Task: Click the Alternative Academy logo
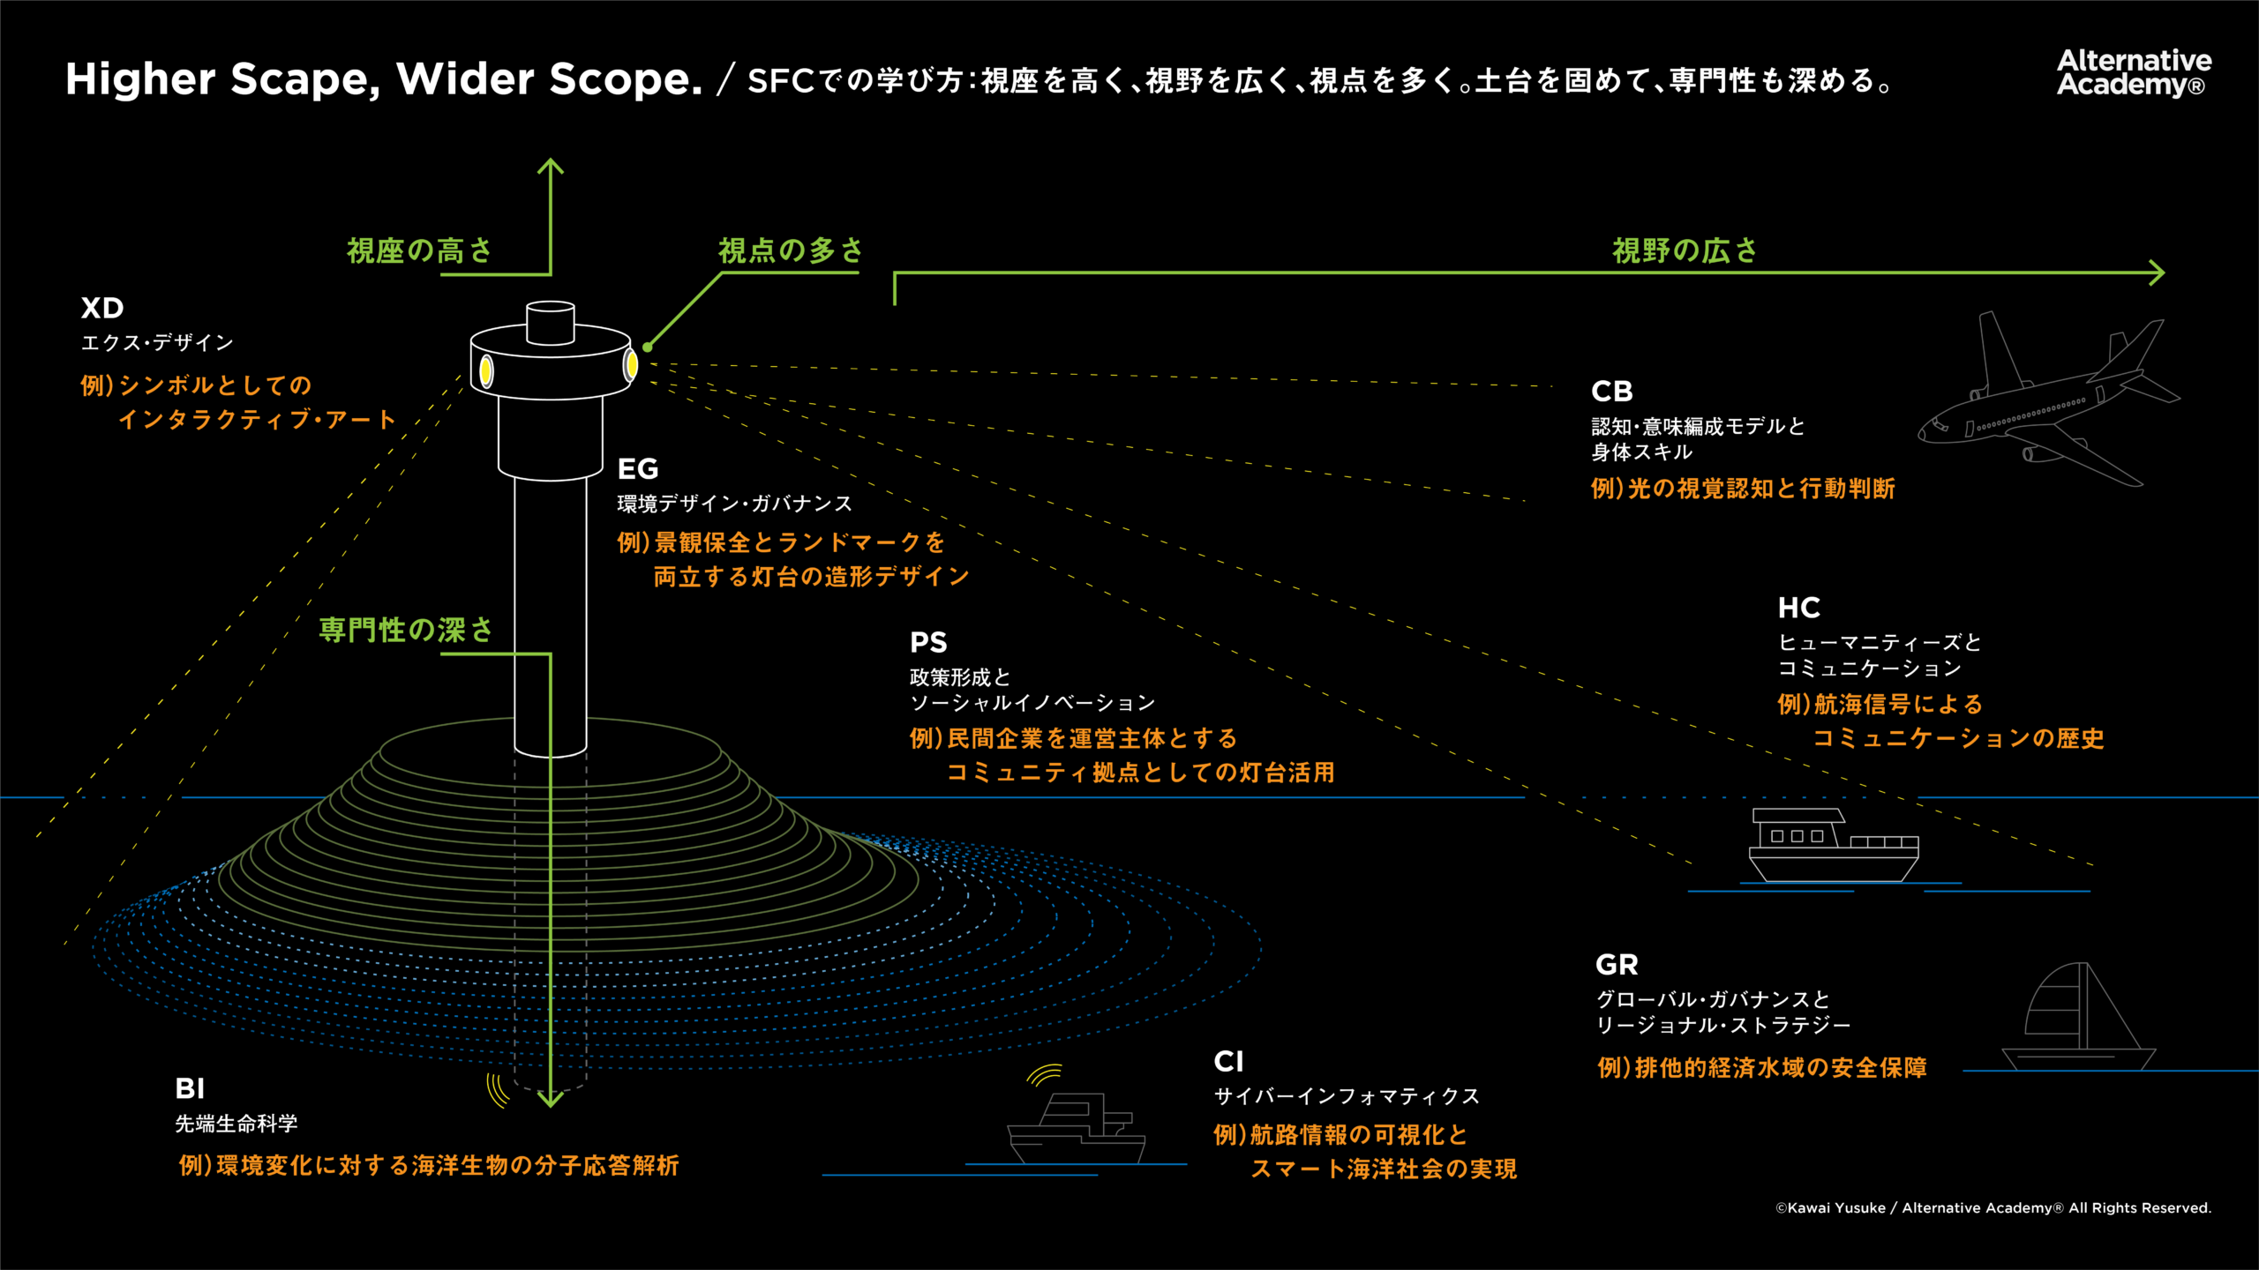2133,72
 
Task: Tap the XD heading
102,308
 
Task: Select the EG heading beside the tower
638,468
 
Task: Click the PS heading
928,642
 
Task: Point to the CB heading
1611,391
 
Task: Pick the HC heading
1798,608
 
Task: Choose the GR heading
1617,965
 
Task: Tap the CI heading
1228,1061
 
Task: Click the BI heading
190,1088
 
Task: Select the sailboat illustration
2079,1019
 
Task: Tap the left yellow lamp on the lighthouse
485,370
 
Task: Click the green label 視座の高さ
419,251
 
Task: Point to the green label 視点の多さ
790,251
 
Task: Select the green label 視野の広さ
1685,251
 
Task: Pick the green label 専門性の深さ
405,630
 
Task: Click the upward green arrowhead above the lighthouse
551,165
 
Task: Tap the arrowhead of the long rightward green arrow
2157,273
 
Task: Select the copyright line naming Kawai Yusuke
1993,1208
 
